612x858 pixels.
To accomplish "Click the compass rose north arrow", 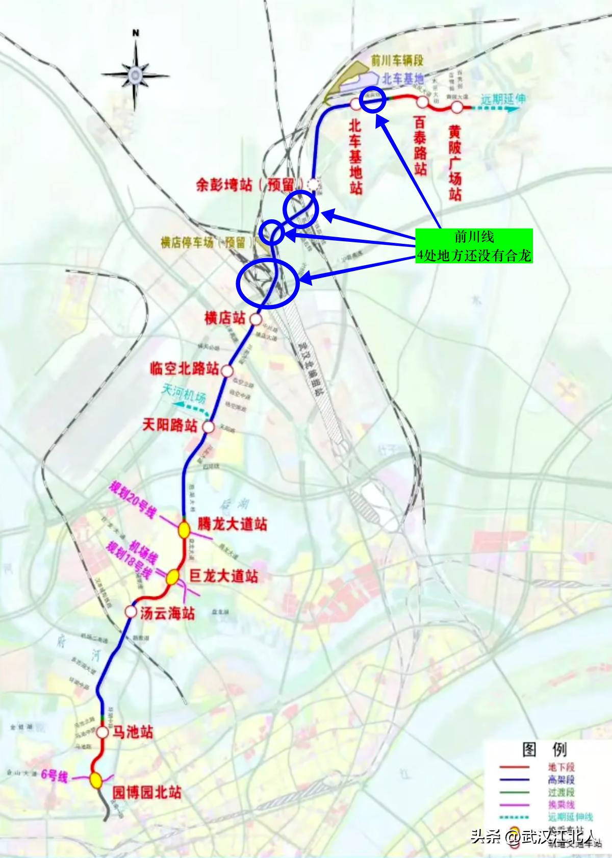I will [135, 74].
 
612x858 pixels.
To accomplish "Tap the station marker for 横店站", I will [256, 319].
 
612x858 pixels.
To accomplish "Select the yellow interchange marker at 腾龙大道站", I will [184, 529].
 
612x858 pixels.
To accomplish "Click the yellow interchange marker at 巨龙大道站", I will [172, 577].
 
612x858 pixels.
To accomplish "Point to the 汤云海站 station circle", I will [131, 612].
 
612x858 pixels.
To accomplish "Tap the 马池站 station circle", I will [103, 733].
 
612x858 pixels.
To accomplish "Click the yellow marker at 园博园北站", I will [95, 779].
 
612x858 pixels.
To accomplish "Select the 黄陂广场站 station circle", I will [457, 107].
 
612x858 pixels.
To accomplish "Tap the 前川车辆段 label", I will [397, 61].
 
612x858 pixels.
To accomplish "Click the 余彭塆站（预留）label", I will [250, 185].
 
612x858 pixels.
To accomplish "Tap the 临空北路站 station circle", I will [227, 371].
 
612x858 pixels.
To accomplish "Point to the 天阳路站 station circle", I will [208, 426].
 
